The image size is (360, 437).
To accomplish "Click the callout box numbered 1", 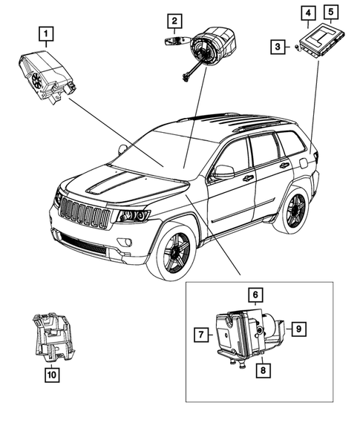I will (46, 33).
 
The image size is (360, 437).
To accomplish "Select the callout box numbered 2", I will (173, 21).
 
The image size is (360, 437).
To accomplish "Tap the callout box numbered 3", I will (276, 47).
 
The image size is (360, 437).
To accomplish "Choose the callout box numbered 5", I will (331, 12).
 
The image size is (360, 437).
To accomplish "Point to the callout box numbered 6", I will (254, 295).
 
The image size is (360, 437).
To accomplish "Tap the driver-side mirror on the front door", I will (222, 172).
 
